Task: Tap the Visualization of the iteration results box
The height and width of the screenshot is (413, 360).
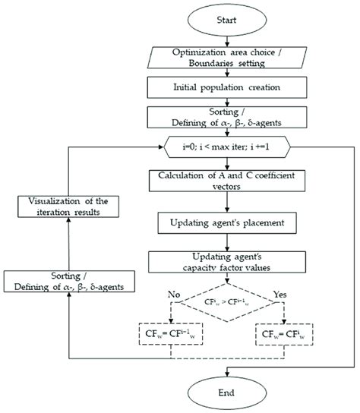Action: pyautogui.click(x=68, y=207)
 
